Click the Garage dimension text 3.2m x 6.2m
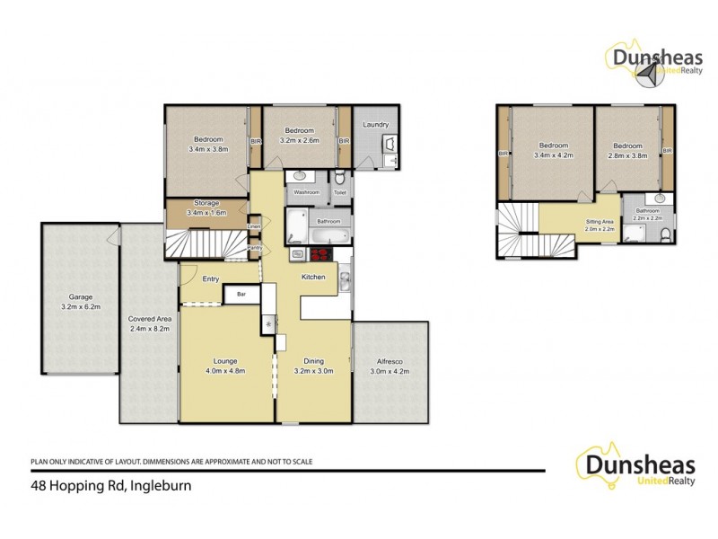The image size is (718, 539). point(81,306)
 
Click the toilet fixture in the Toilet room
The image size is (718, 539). point(340,178)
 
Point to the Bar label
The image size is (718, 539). point(241,294)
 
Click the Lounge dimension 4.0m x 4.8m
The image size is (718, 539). point(226,370)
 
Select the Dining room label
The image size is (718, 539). point(313,361)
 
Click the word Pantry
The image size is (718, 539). point(254,247)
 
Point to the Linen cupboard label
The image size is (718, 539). point(254,227)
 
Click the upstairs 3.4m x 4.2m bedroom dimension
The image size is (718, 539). point(553,155)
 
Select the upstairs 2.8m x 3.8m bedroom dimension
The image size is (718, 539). point(627,155)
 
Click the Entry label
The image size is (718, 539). point(211,279)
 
